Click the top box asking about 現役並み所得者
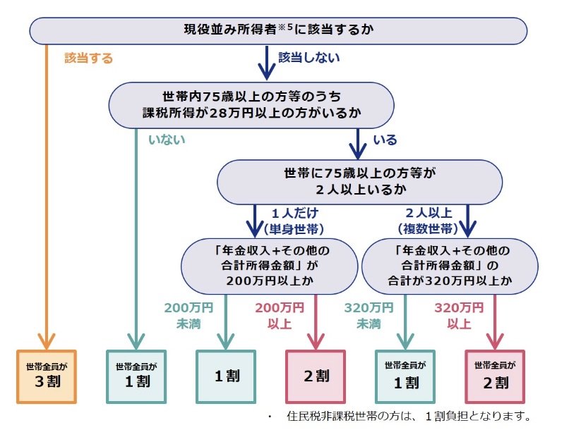coord(278,30)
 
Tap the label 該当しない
coord(309,58)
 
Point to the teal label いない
coord(167,140)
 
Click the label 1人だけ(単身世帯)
coord(292,219)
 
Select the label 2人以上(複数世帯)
coord(432,219)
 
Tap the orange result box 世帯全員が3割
coord(45,375)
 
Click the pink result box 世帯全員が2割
coord(494,376)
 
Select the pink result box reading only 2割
coord(315,376)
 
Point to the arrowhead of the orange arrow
coord(45,341)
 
